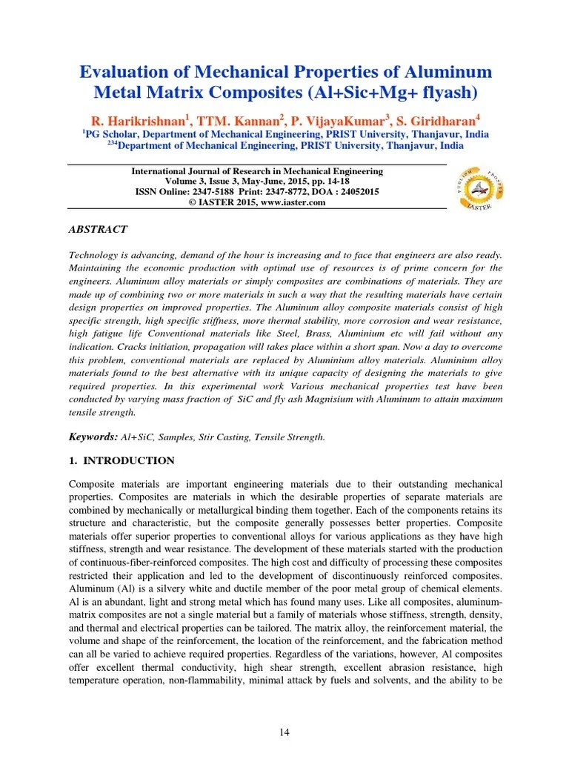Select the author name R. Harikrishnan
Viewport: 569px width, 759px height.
click(x=138, y=120)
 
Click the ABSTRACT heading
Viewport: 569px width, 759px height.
click(x=98, y=230)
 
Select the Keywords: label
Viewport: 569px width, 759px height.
click(x=93, y=437)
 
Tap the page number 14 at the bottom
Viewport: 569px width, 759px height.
click(x=284, y=733)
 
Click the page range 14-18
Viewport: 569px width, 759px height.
click(x=337, y=181)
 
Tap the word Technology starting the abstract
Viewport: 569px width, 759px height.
click(x=95, y=253)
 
